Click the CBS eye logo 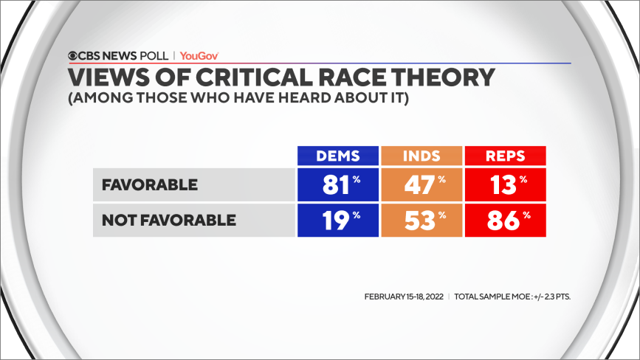[x=74, y=55]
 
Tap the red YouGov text [x=199, y=55]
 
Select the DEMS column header [x=337, y=156]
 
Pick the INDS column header [x=421, y=156]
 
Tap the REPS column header [x=505, y=156]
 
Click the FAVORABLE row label [x=149, y=184]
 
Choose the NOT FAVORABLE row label [x=169, y=219]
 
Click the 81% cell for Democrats [x=337, y=184]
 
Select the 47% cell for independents [x=421, y=184]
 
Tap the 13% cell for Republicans [x=505, y=184]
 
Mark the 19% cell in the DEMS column [x=337, y=219]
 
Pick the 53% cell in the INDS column [x=421, y=219]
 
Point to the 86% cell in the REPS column [x=505, y=219]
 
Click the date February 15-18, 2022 [x=404, y=297]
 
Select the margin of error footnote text [x=512, y=297]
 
